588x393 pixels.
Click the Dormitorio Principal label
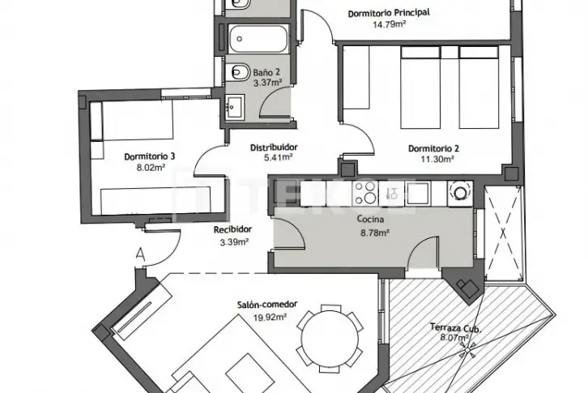[x=389, y=13]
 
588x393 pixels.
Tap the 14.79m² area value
[x=390, y=25]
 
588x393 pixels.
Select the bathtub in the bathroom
[x=258, y=39]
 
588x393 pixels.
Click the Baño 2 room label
[x=266, y=72]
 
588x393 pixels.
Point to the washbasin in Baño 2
[x=236, y=107]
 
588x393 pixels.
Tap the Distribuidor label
[x=274, y=147]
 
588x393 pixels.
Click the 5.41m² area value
[x=279, y=158]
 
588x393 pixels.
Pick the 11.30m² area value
[x=437, y=159]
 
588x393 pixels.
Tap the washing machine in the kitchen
[x=460, y=193]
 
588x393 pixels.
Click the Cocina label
[x=370, y=219]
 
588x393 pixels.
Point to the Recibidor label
[x=232, y=229]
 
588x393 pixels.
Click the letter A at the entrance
[x=141, y=254]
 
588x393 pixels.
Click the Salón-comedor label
[x=267, y=305]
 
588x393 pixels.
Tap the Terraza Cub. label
[x=455, y=327]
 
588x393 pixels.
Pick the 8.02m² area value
[x=151, y=168]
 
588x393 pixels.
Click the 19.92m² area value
[x=270, y=318]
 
